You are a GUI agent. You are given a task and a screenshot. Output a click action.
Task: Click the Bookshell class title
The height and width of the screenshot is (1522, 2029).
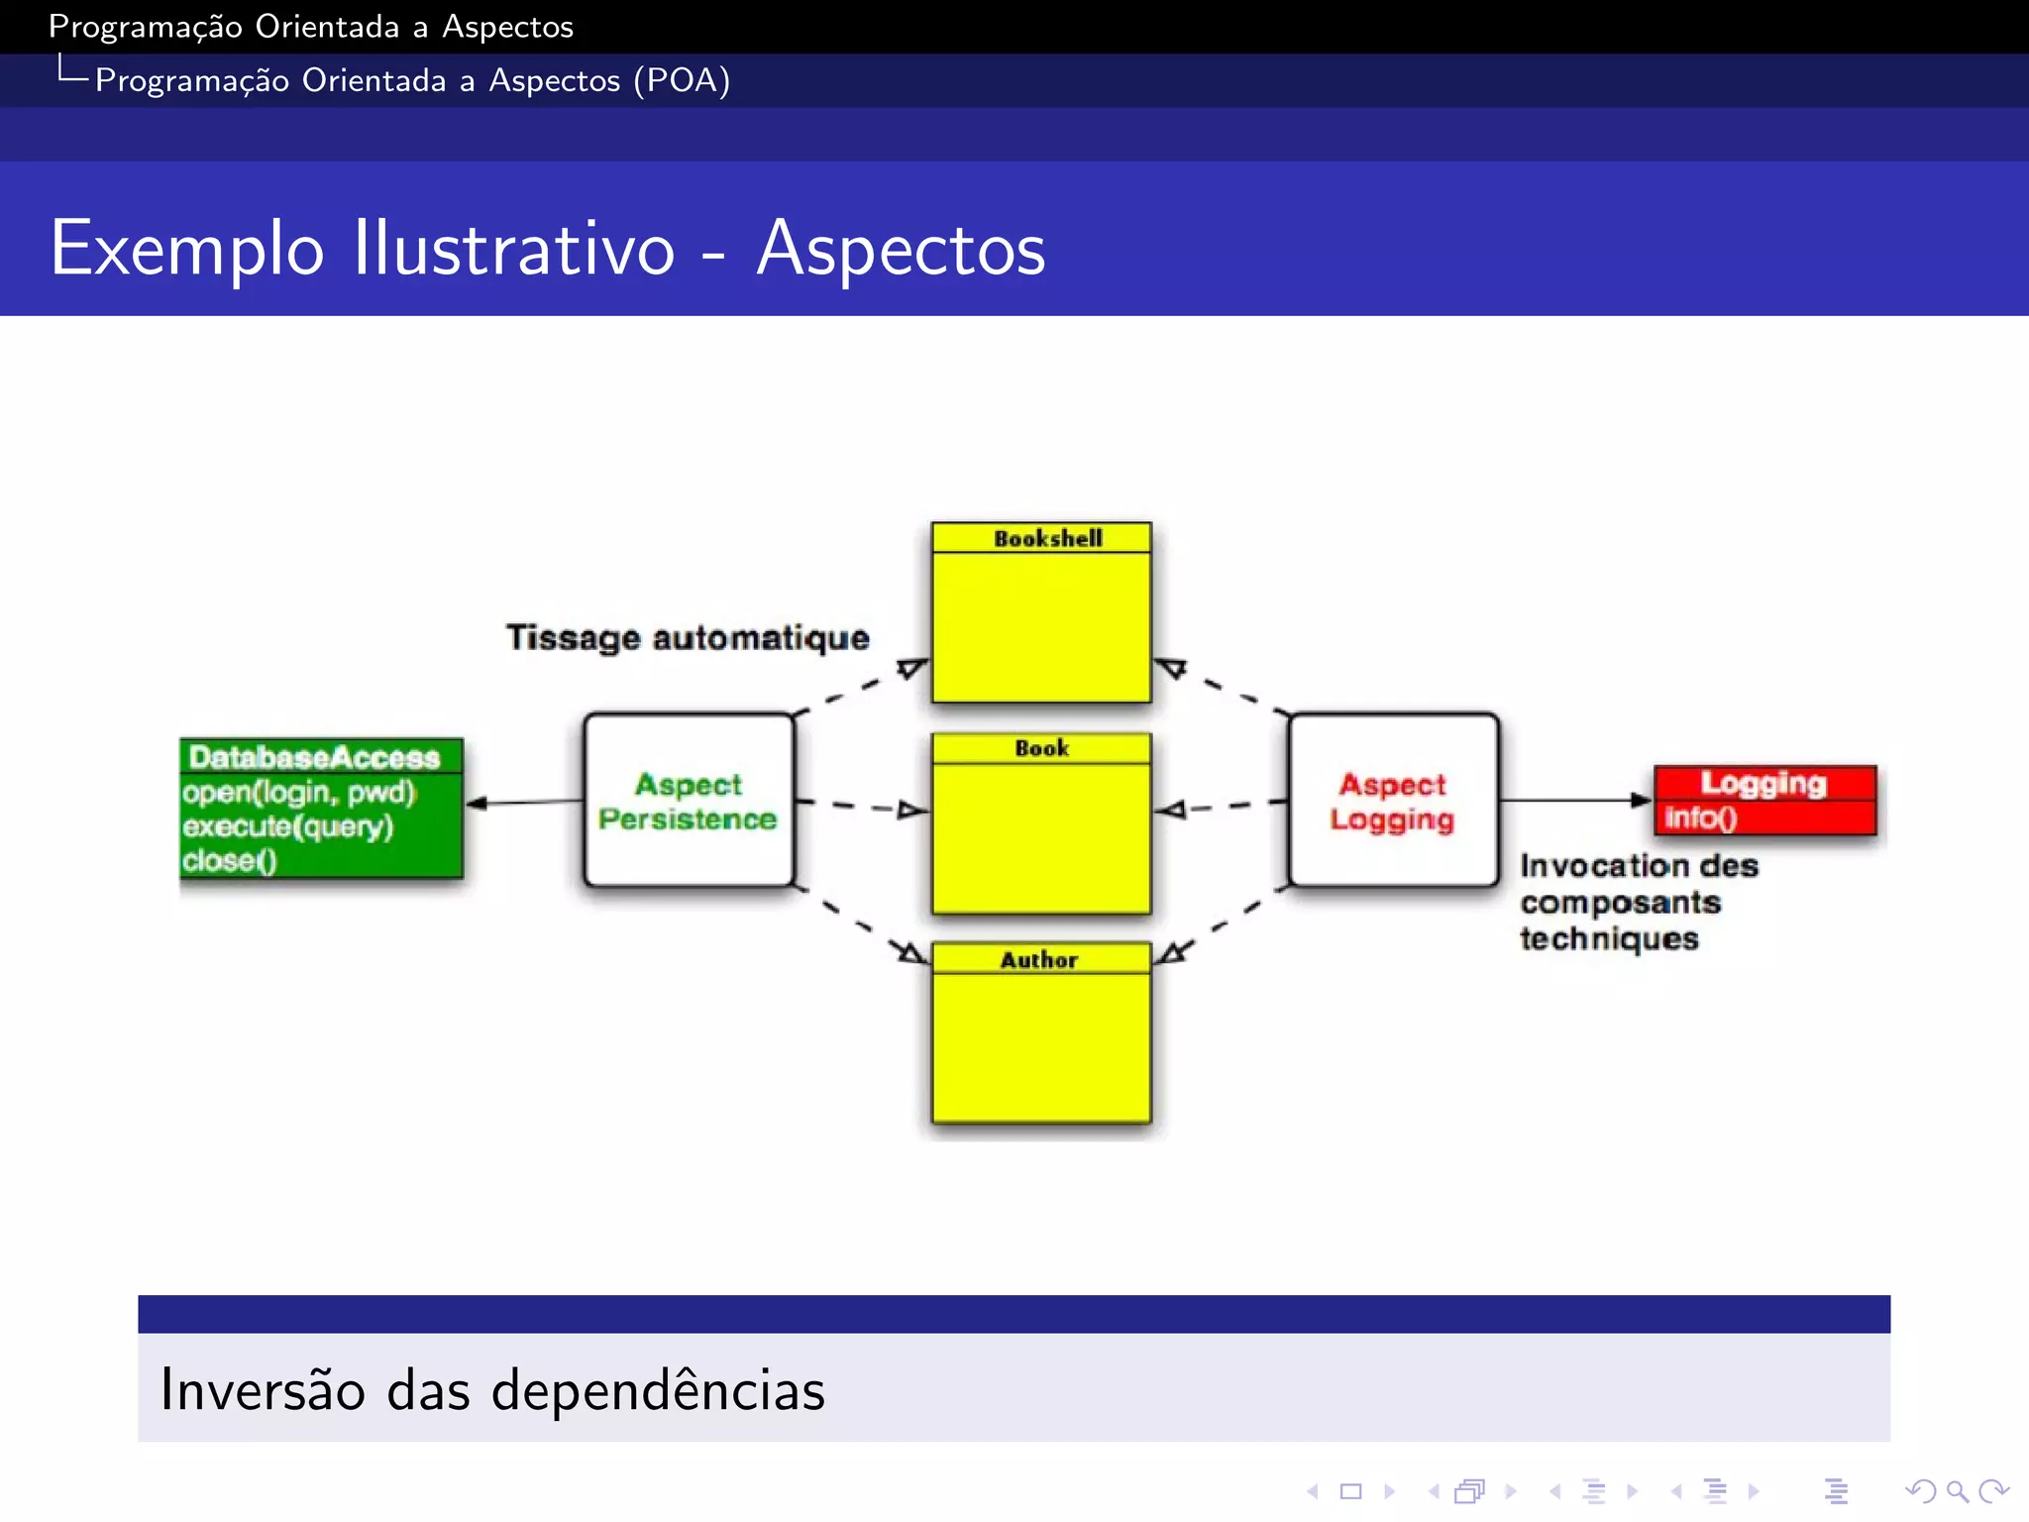[x=1047, y=538]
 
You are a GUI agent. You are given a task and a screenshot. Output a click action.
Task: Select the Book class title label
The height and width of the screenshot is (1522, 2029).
[x=1041, y=748]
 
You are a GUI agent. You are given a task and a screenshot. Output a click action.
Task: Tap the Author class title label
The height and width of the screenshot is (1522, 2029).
[x=1038, y=959]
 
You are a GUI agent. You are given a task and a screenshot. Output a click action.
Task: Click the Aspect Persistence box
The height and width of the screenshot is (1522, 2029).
[x=689, y=801]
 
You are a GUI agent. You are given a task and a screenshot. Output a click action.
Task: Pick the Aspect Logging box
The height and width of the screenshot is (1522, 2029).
[x=1393, y=801]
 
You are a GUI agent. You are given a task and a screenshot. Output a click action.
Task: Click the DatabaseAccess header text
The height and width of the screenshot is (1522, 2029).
[x=314, y=757]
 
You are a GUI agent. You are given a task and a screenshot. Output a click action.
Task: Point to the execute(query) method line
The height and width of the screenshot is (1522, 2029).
[x=287, y=826]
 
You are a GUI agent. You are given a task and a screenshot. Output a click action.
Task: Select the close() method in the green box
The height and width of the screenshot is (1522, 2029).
[x=229, y=860]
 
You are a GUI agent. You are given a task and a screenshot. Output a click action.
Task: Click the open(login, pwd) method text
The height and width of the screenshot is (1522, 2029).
[x=298, y=793]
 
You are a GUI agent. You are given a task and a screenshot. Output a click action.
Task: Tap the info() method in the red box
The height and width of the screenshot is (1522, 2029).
[x=1700, y=817]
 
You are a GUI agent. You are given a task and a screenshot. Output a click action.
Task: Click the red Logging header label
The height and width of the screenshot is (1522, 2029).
[x=1763, y=783]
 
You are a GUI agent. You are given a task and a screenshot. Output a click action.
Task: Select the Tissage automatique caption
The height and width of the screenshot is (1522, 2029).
[x=688, y=637]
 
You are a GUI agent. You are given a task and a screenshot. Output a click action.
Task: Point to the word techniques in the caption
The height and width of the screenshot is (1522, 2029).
[x=1609, y=938]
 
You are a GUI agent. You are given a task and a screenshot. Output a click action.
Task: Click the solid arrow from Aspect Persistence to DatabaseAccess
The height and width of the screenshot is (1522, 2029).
[x=525, y=802]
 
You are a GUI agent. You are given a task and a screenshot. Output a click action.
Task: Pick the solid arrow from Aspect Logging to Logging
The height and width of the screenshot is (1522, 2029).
[x=1575, y=800]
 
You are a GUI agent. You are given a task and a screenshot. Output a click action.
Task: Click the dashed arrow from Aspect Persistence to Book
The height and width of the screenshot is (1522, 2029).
[x=862, y=807]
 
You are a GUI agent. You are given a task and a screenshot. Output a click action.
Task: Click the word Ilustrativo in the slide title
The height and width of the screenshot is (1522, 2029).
[x=514, y=248]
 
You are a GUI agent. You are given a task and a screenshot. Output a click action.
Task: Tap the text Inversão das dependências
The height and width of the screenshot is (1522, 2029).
[x=492, y=1389]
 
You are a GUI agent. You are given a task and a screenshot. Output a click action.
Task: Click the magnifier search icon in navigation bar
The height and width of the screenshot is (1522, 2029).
[x=1956, y=1491]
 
